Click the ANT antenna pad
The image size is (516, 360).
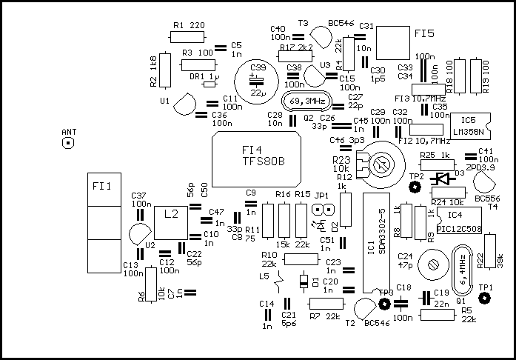pyautogui.click(x=68, y=142)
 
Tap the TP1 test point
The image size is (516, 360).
pyautogui.click(x=485, y=299)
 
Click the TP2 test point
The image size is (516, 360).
pyautogui.click(x=415, y=188)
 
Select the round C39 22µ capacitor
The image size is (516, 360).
pyautogui.click(x=255, y=80)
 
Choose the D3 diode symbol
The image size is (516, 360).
pyautogui.click(x=443, y=179)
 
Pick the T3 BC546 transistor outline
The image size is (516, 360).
pyautogui.click(x=321, y=36)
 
